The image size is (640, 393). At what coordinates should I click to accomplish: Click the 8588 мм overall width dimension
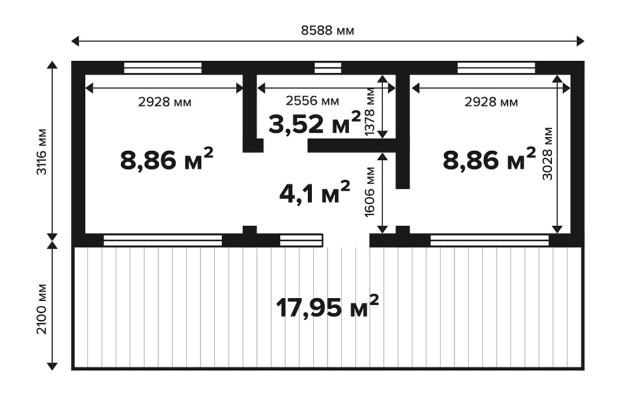click(x=327, y=31)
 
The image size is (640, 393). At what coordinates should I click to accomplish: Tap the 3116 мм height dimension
click(x=42, y=152)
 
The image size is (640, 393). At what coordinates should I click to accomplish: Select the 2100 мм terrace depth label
click(x=42, y=309)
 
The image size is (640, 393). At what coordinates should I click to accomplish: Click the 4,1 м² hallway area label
click(x=315, y=193)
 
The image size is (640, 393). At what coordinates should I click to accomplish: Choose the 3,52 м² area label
click(x=315, y=123)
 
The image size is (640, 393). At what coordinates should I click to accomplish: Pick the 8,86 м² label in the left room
click(x=167, y=159)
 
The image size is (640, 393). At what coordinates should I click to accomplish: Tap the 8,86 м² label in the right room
click(x=489, y=159)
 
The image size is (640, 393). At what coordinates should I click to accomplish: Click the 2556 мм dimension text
click(x=312, y=101)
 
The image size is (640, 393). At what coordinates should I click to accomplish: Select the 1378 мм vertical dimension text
click(x=369, y=112)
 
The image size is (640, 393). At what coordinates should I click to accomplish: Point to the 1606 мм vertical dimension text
click(x=369, y=192)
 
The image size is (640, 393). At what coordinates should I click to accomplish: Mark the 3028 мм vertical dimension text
click(x=547, y=154)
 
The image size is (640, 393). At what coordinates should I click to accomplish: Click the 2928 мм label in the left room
click(x=164, y=102)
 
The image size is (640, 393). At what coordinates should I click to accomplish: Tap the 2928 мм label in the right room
click(x=491, y=102)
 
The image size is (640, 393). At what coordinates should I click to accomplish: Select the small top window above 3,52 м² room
click(x=328, y=68)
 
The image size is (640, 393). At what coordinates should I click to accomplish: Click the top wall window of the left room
click(x=162, y=68)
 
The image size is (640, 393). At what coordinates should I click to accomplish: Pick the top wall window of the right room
click(x=496, y=68)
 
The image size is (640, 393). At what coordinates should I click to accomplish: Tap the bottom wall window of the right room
click(x=489, y=241)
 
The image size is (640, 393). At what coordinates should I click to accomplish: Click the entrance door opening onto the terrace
click(x=346, y=241)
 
